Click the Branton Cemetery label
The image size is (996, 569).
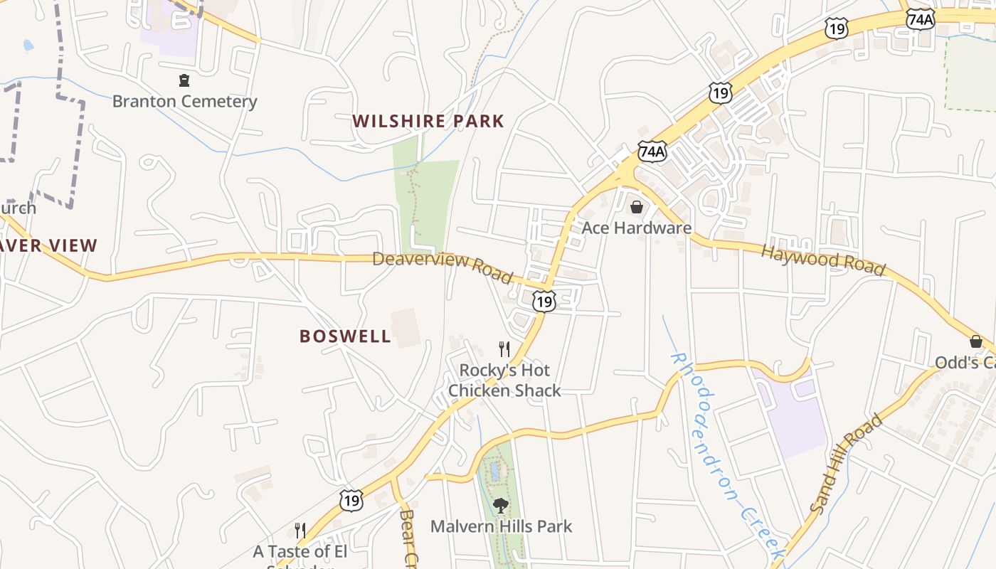tap(184, 101)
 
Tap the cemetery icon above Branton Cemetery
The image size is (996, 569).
tap(184, 80)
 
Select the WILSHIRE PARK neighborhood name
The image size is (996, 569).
tap(428, 121)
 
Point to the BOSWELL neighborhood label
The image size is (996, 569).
tap(345, 336)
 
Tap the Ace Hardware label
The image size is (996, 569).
tap(636, 228)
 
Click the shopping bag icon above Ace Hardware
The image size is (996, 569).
tap(637, 207)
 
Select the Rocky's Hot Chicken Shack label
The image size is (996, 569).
tap(504, 381)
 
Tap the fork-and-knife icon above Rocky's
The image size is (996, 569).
tap(504, 349)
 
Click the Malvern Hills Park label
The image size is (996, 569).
tap(501, 526)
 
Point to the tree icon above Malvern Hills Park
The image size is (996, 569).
tap(501, 506)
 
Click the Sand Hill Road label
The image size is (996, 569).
tap(846, 464)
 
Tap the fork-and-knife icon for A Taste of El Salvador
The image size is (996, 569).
tap(300, 530)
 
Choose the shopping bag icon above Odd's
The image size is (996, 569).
tap(976, 341)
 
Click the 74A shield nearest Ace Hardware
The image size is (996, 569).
tap(652, 151)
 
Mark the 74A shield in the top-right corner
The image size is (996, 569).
tap(920, 19)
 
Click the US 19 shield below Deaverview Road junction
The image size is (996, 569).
tap(544, 302)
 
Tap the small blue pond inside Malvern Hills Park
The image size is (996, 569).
tap(494, 470)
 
